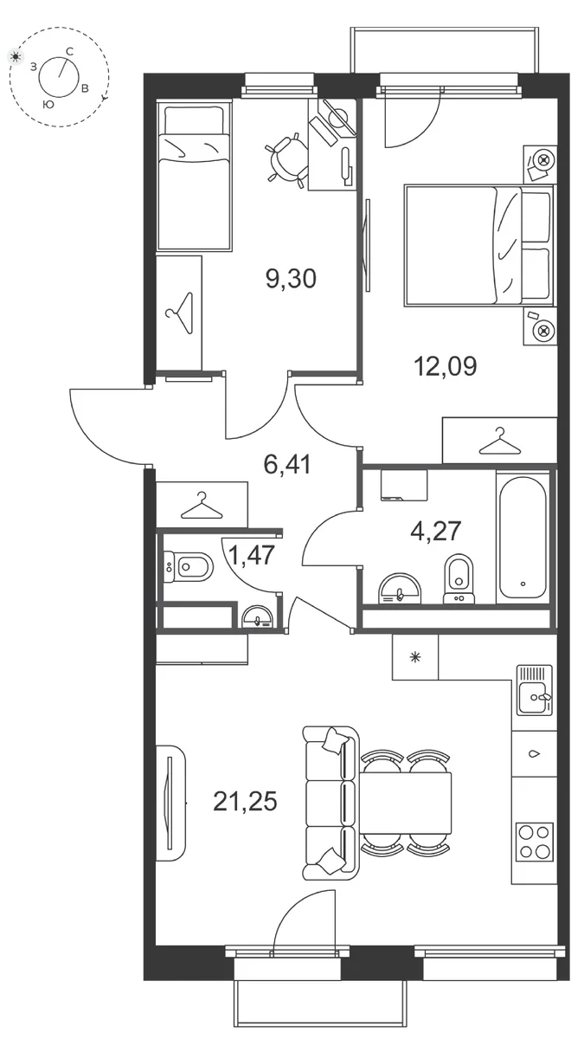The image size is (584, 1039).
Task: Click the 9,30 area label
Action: point(291,279)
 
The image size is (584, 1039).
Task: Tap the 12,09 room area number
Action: point(445,366)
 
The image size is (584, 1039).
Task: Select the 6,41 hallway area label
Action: point(287,464)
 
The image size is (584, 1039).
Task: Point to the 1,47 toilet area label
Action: point(253,555)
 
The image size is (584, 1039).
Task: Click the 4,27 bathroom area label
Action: point(436,531)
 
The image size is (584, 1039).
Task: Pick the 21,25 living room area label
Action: point(245,801)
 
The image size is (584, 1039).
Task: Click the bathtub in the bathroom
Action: point(523,537)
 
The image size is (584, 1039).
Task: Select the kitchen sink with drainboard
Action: point(535,690)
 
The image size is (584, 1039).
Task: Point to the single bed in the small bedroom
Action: point(194,177)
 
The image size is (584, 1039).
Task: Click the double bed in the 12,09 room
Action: point(479,245)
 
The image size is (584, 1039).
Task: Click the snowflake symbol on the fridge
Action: point(415,656)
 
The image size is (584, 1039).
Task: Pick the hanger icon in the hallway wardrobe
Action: point(201,506)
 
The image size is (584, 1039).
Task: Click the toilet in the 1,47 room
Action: point(189,566)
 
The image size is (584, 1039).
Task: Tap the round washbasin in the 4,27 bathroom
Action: point(400,589)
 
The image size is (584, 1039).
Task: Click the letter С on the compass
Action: point(69,51)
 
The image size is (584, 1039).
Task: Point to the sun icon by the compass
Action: point(16,56)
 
